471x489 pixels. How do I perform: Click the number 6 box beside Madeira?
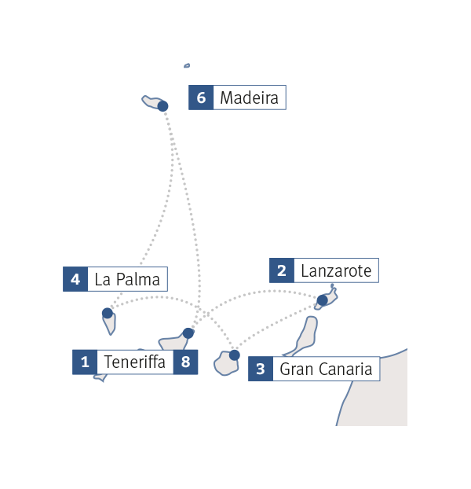[x=201, y=98]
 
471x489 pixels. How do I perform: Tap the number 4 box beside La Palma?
[x=75, y=279]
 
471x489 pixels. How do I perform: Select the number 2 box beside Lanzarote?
[x=282, y=271]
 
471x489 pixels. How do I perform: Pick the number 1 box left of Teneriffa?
[x=85, y=362]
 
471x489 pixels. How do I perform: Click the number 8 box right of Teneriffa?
[x=185, y=362]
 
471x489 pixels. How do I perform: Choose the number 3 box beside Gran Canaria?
[x=261, y=369]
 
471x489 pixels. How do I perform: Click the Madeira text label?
[x=249, y=98]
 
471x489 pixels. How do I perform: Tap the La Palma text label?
[x=126, y=279]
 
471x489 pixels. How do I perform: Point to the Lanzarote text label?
[x=336, y=271]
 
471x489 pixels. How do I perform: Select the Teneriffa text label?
[x=134, y=362]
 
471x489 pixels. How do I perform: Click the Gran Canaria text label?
[x=326, y=369]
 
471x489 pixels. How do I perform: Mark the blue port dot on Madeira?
[x=163, y=106]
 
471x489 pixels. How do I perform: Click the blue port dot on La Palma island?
[x=108, y=313]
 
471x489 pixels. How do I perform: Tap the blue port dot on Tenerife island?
[x=188, y=333]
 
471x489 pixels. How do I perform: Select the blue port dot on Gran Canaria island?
[x=234, y=355]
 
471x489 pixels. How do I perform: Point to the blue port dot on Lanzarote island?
[x=322, y=300]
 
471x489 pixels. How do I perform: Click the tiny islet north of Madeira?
[x=187, y=66]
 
